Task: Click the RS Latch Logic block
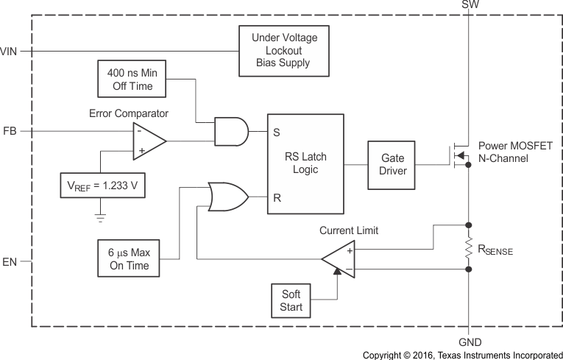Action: [x=305, y=163]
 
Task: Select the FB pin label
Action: [x=10, y=131]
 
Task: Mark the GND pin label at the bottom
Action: [x=469, y=342]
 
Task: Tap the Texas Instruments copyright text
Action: [x=462, y=354]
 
